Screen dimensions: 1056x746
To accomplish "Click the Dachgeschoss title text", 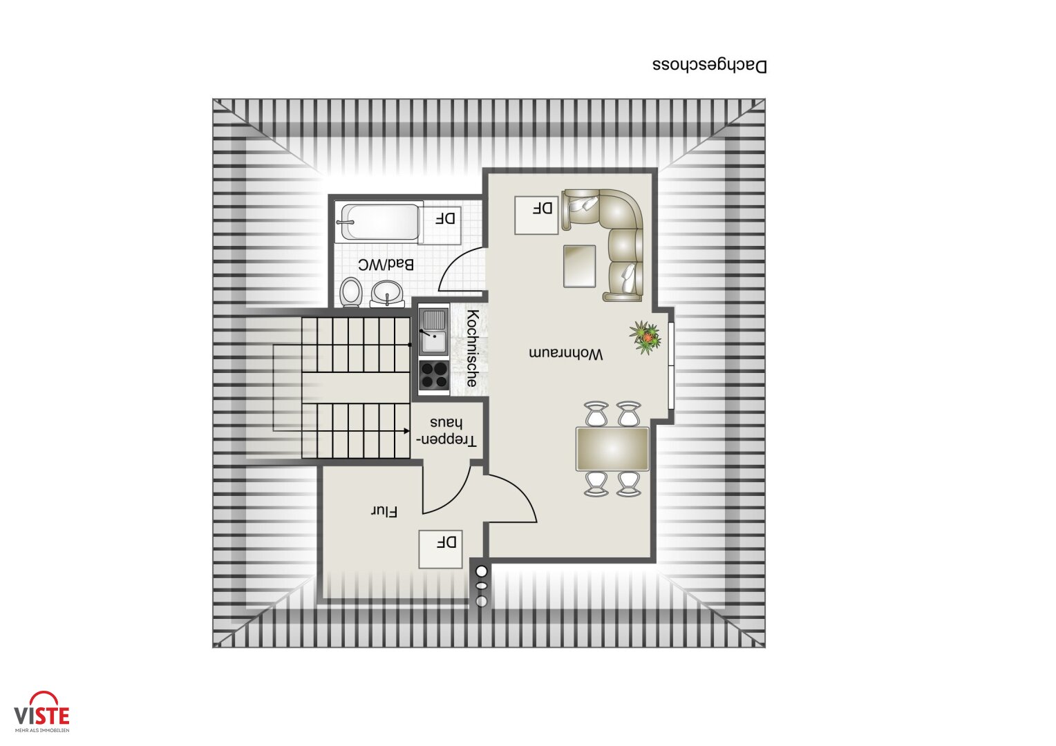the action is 710,66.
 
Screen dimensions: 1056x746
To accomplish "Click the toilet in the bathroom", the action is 351,292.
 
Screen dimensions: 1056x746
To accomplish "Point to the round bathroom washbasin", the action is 387,294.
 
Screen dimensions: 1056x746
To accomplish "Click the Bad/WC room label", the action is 386,265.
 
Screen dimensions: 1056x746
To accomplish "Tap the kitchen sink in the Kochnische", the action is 434,332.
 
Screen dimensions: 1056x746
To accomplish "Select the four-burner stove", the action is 434,375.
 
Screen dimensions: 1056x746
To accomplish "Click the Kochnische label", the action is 473,348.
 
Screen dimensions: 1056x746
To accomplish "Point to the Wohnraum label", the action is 566,354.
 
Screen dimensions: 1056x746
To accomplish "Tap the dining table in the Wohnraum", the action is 612,449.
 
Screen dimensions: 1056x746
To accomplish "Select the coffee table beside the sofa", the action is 579,265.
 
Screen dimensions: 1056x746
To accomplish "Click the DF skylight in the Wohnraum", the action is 537,215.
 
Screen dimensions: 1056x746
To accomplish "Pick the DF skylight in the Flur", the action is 440,549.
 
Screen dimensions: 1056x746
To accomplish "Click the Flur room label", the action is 384,512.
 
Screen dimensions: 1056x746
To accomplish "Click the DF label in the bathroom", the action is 446,219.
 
